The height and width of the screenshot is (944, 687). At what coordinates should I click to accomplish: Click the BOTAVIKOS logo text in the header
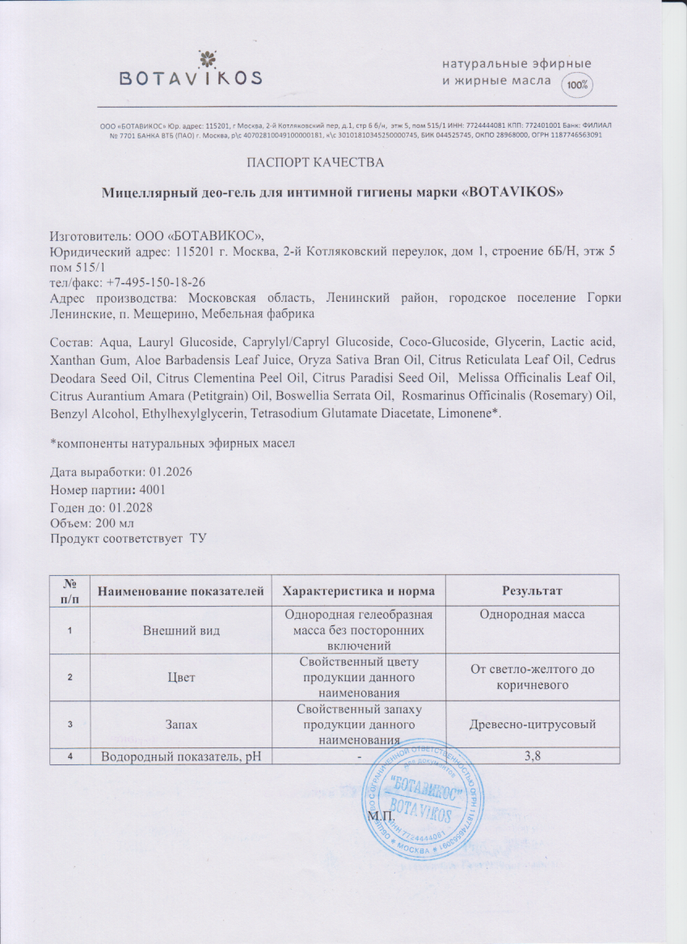coord(191,78)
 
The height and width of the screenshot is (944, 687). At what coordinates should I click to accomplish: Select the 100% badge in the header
coord(577,84)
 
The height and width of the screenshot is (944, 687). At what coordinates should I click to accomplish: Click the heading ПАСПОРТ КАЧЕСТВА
coord(314,163)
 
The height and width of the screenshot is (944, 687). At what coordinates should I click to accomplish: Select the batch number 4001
coord(152,490)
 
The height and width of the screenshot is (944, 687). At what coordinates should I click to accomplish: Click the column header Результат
coord(532,591)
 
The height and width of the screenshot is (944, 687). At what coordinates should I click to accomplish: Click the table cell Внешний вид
coord(179,629)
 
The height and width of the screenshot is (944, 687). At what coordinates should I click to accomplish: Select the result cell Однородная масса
coord(532,615)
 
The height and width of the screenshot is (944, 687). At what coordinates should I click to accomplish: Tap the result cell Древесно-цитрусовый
coord(532,724)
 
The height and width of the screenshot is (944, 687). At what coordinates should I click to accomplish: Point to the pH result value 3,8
coord(532,756)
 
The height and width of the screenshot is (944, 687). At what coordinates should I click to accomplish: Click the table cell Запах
coord(179,724)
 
